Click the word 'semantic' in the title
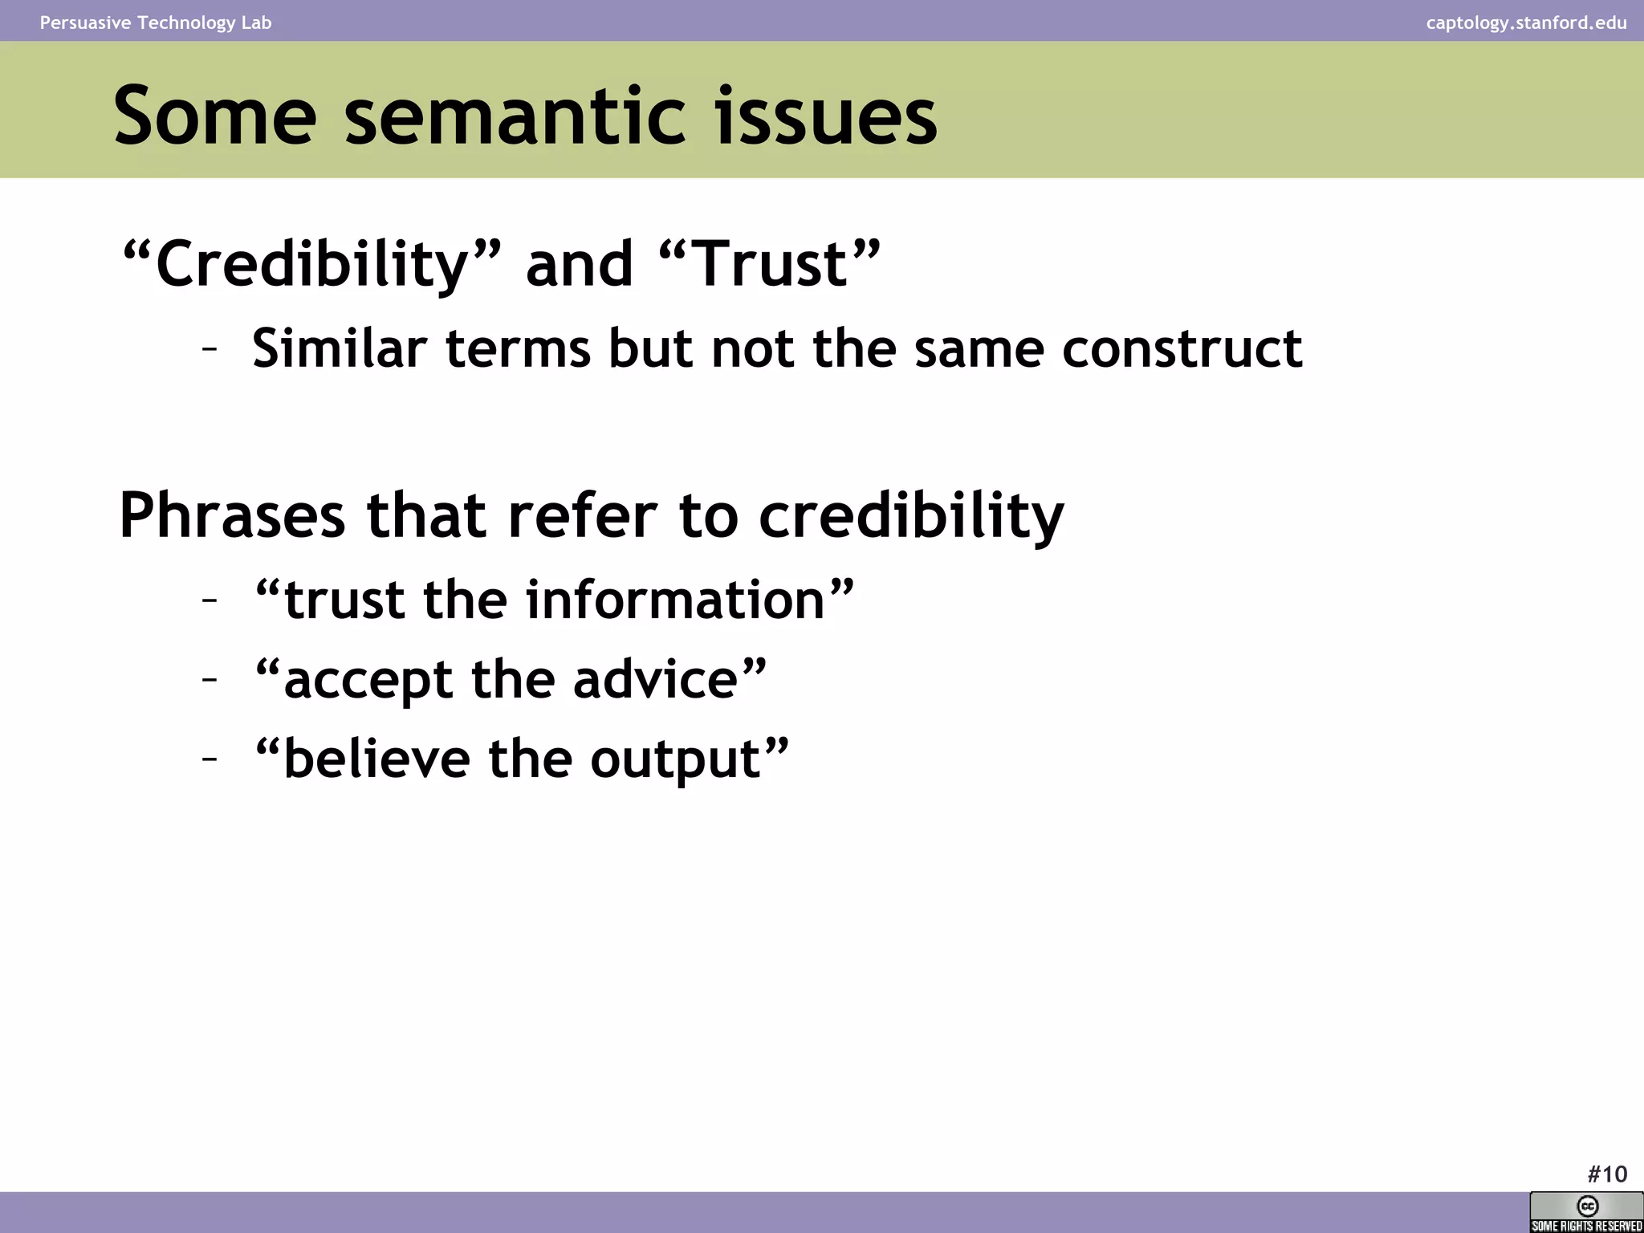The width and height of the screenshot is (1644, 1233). (x=515, y=117)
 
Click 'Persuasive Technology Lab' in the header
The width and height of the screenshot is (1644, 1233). (x=156, y=22)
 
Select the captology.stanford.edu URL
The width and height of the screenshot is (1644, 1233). (x=1526, y=22)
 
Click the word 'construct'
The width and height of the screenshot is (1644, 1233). (x=1182, y=349)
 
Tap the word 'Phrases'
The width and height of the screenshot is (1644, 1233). (x=232, y=515)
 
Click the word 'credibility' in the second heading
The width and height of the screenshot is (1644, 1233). (x=911, y=515)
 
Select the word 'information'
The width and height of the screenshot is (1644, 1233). (x=675, y=600)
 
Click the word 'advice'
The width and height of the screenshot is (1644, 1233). (x=655, y=680)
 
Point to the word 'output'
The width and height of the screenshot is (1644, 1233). (x=675, y=759)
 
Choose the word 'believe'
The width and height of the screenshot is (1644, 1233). (x=377, y=759)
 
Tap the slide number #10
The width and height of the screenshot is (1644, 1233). (x=1607, y=1174)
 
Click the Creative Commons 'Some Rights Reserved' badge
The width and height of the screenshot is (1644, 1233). (x=1586, y=1212)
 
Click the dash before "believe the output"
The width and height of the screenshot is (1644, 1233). (x=210, y=758)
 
